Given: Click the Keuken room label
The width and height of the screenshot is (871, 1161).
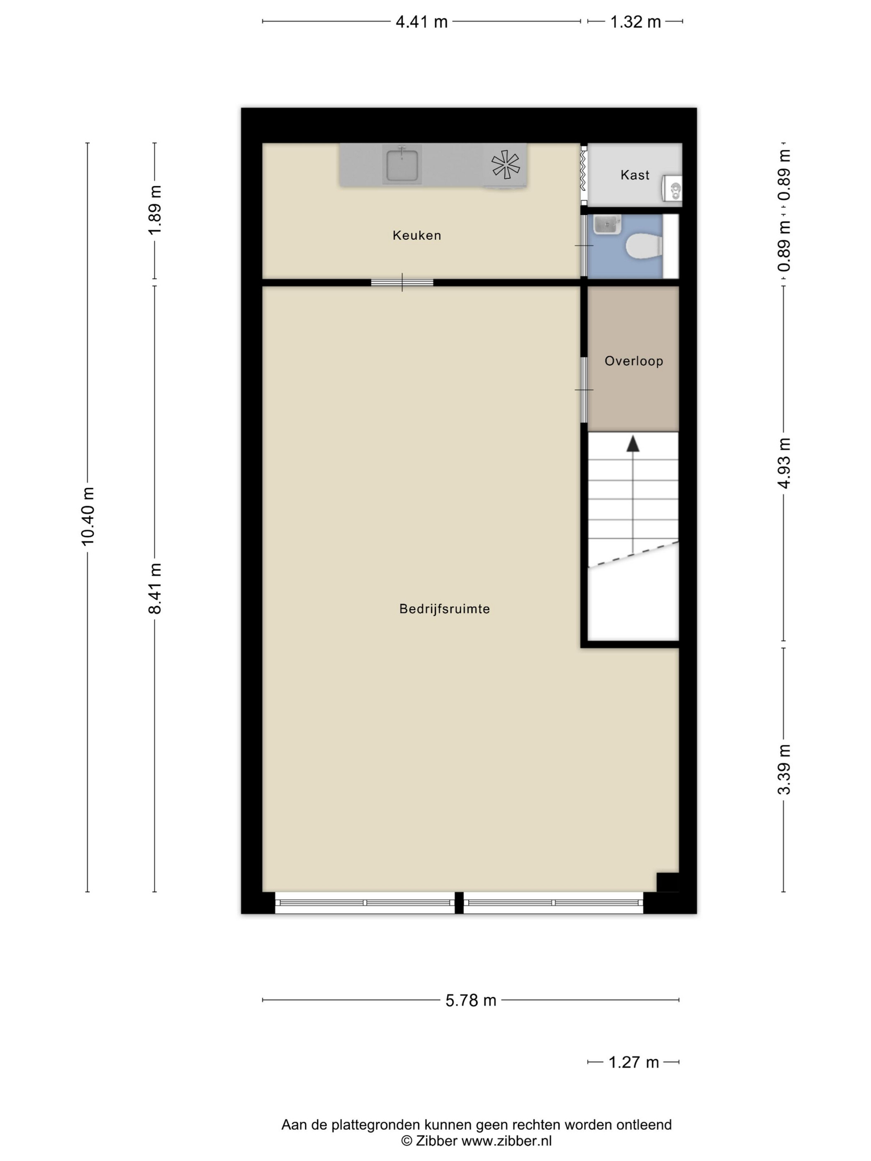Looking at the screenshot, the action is tap(416, 235).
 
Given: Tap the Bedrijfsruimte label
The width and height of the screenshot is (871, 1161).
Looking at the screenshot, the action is tap(444, 609).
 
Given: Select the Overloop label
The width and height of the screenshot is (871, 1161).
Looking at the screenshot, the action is tap(633, 361).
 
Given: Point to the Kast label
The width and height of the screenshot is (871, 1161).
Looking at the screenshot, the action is tap(635, 175).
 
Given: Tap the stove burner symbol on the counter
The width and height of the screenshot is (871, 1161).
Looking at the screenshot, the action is tap(505, 164).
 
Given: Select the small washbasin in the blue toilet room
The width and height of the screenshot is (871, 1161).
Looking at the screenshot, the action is tap(608, 225).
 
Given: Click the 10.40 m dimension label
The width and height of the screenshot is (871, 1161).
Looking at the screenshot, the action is tap(88, 516).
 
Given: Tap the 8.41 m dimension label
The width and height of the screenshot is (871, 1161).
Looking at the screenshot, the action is tap(155, 588).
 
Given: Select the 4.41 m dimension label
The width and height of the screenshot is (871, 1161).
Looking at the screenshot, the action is tap(421, 22).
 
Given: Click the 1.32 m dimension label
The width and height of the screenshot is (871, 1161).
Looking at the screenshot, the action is tap(635, 22).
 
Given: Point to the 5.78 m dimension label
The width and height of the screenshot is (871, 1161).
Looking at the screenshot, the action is tap(471, 1001).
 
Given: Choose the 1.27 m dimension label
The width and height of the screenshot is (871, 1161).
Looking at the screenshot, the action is tap(633, 1062).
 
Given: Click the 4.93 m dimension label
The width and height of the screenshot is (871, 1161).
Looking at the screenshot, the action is tap(784, 463).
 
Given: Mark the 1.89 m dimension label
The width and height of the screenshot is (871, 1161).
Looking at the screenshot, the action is tap(155, 211).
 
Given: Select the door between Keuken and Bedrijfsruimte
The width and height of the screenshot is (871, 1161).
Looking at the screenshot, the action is tap(402, 282).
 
